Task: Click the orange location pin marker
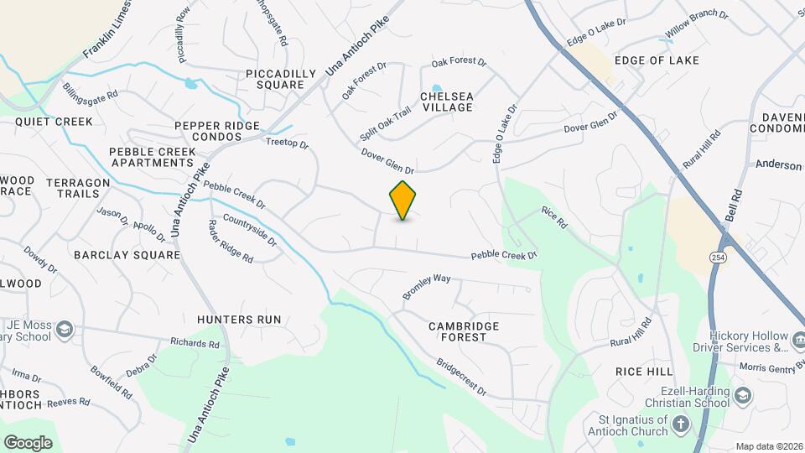(x=402, y=200)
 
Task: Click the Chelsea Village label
(x=447, y=102)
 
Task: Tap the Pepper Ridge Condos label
(x=217, y=131)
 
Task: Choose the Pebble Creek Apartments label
(x=153, y=157)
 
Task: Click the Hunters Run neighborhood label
(x=239, y=320)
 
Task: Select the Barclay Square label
(x=127, y=254)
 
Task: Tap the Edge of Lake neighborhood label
(x=657, y=60)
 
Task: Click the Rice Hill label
(x=644, y=371)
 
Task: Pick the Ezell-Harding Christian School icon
(x=743, y=395)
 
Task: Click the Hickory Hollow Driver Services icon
(x=797, y=341)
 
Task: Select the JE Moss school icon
(x=65, y=331)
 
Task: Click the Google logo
(x=28, y=442)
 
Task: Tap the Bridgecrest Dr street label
(x=460, y=377)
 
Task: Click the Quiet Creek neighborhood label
(x=54, y=122)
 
